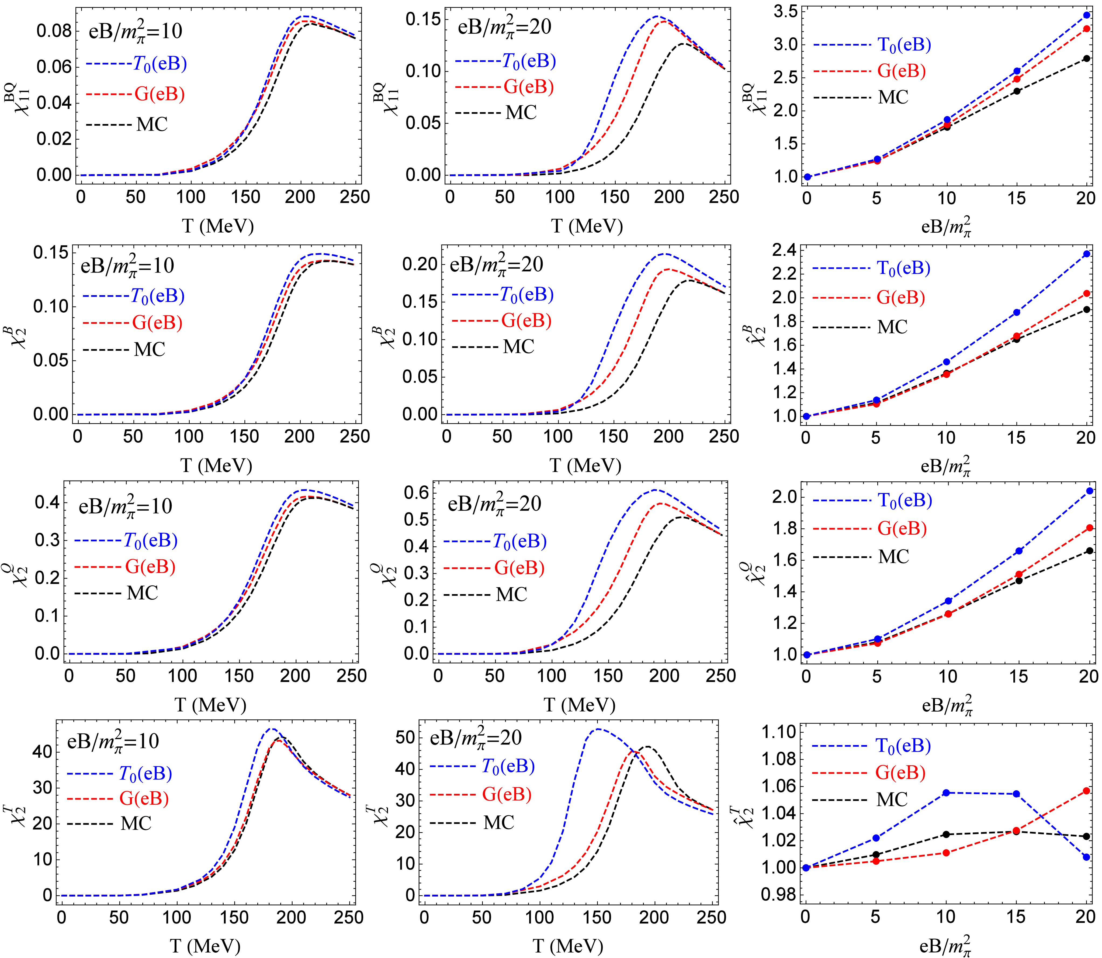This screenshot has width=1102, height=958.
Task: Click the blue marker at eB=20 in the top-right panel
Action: [1086, 15]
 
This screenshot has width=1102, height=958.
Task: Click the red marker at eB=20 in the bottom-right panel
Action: [1086, 791]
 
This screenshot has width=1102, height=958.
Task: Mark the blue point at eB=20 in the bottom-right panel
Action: [1086, 857]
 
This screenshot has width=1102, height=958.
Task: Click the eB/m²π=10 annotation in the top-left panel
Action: [135, 31]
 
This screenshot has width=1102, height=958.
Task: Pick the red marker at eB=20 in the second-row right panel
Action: [1086, 294]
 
